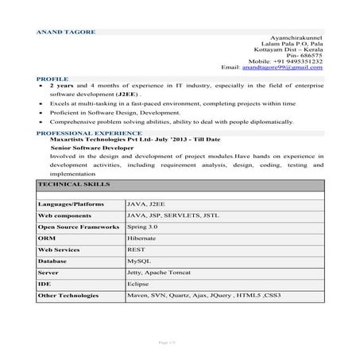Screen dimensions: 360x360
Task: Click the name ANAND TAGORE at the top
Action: click(66, 32)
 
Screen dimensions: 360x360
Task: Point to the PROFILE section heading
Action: click(52, 79)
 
